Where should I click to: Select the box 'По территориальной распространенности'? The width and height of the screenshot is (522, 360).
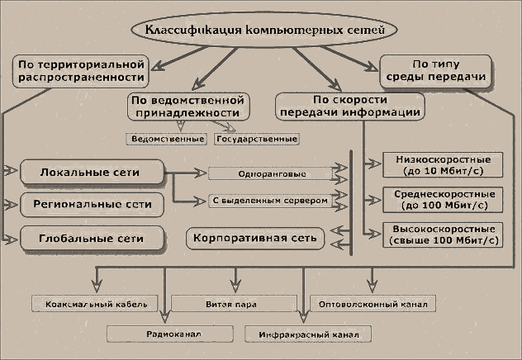79,70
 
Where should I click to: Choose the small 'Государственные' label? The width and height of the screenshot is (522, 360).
256,139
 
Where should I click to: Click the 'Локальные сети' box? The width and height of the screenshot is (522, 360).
91,173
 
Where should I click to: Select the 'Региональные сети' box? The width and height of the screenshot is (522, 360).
91,203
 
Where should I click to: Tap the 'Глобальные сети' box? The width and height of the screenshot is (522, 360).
91,239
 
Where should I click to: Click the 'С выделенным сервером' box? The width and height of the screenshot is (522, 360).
270,200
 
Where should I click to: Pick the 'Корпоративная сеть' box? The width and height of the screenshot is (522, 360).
255,238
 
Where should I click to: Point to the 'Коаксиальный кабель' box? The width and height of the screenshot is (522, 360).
91,304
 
